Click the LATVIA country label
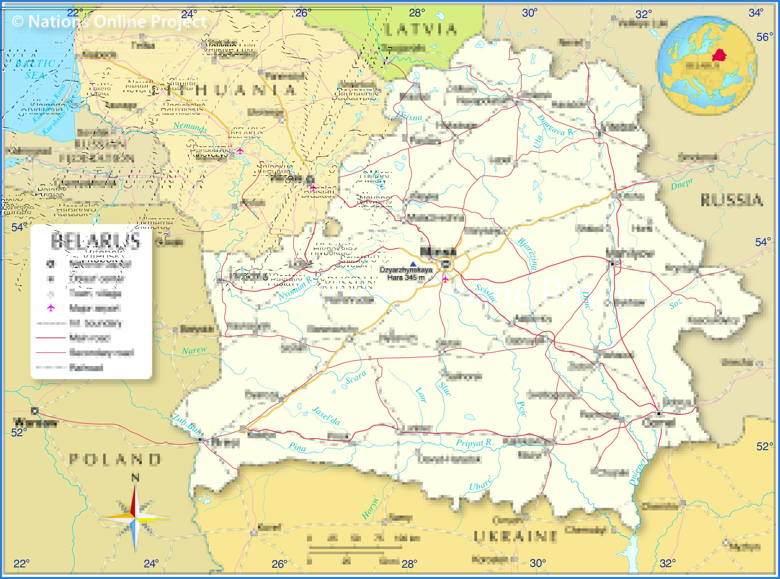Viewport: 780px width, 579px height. click(421, 29)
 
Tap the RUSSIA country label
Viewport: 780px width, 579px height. click(732, 200)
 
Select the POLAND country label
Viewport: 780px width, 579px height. click(115, 459)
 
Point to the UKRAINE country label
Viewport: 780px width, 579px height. click(515, 536)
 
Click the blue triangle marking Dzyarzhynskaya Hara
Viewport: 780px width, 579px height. click(413, 264)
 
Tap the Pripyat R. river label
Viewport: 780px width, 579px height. click(475, 443)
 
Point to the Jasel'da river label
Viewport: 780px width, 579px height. click(326, 416)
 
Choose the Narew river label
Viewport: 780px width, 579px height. click(194, 350)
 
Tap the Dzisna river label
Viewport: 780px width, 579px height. click(409, 116)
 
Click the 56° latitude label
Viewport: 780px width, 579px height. click(765, 37)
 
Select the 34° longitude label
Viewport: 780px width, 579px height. click(756, 13)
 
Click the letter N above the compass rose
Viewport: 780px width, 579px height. click(135, 478)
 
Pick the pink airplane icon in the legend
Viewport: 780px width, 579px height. click(51, 308)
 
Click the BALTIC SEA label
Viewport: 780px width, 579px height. click(35, 69)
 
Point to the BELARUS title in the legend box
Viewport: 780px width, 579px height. click(95, 241)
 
